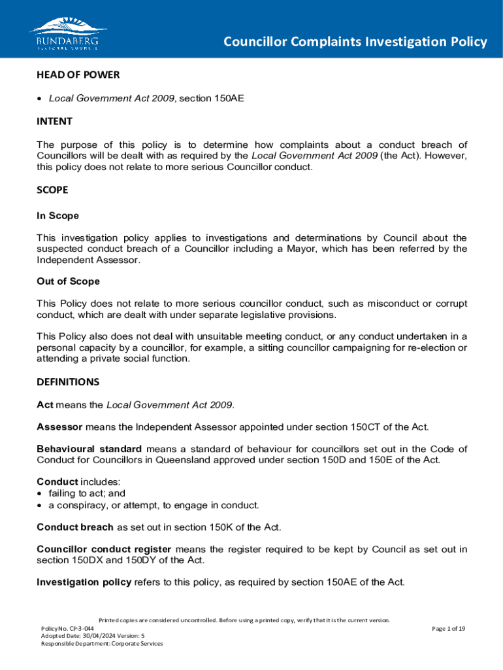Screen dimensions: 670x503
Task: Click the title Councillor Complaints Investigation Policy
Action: tap(355, 42)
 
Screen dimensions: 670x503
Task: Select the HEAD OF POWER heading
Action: tap(78, 75)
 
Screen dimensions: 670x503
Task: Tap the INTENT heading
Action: tap(54, 121)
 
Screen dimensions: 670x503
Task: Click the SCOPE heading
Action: tap(52, 190)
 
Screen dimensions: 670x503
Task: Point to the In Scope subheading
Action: tap(57, 215)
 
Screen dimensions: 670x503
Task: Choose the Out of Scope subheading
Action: tap(68, 281)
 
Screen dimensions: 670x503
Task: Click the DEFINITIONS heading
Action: tap(68, 381)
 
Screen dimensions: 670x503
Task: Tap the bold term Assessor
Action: tap(59, 427)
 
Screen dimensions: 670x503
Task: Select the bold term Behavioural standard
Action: tap(89, 449)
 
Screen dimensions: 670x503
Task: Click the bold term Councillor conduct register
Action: tap(104, 549)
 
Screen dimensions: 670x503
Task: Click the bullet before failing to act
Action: tap(41, 494)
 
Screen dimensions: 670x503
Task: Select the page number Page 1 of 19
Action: tap(448, 629)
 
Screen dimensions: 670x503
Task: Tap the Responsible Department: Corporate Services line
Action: tap(102, 643)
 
